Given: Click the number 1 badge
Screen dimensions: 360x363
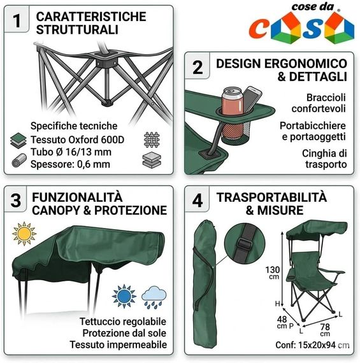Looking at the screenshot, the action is pos(17,20).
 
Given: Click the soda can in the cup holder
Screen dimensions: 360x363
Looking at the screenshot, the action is pos(233,101).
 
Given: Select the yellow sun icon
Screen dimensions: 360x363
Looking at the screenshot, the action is pos(24,234).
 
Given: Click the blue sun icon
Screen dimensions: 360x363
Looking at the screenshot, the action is pos(124,296).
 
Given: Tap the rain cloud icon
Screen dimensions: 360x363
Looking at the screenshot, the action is pos(154,297).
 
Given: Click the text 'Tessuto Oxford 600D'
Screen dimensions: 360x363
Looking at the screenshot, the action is pos(77,140).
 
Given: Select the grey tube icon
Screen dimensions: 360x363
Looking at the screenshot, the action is pos(19,160).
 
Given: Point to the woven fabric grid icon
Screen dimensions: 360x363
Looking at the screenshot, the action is pos(152,139).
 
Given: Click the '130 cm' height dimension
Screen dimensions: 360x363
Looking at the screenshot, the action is pos(273,273).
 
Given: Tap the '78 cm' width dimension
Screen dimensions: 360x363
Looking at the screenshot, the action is pos(325,330).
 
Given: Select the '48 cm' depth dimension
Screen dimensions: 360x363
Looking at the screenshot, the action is pos(282,322).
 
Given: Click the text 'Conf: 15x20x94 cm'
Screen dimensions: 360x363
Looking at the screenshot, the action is pos(312,345).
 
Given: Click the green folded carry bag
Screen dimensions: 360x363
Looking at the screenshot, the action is pos(205,283).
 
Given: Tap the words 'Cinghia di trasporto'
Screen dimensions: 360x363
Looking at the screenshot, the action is pos(324,159).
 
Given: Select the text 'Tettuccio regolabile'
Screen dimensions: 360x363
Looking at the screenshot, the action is pos(123,322).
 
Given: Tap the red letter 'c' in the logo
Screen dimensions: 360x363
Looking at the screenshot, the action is pos(258,29).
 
